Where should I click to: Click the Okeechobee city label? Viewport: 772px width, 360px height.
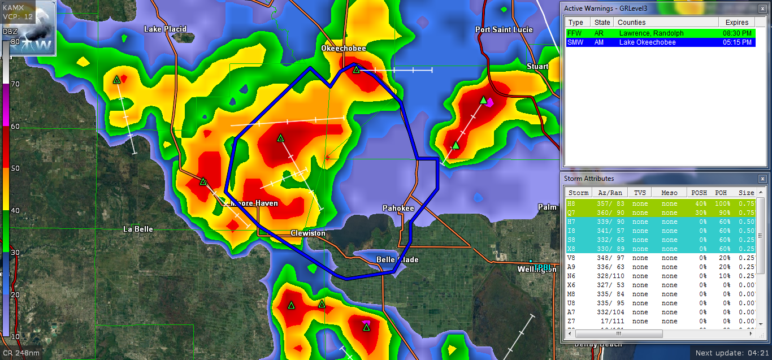(x=344, y=49)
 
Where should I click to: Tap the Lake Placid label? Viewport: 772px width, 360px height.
(x=165, y=29)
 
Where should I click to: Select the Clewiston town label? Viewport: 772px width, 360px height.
(x=308, y=233)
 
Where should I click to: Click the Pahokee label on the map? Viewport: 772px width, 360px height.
(x=398, y=209)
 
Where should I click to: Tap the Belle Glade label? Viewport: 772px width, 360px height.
(x=398, y=260)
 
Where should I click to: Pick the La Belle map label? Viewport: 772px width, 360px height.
(x=138, y=229)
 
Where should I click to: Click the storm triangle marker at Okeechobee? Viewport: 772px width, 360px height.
(x=356, y=70)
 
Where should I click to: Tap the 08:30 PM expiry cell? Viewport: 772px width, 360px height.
(x=738, y=33)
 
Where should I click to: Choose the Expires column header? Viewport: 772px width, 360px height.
(x=737, y=23)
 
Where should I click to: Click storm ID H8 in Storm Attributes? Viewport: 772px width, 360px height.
(x=571, y=204)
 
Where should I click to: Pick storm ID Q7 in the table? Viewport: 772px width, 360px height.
(x=571, y=213)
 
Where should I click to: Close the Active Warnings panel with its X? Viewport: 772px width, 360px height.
(x=762, y=8)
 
